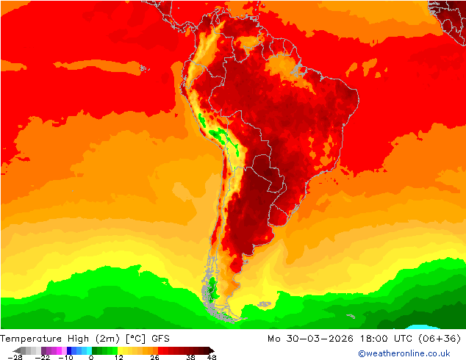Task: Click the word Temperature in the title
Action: pyautogui.click(x=34, y=339)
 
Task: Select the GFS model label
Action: pyautogui.click(x=161, y=339)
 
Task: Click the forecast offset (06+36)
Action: pyautogui.click(x=440, y=339)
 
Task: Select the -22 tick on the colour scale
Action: pyautogui.click(x=42, y=358)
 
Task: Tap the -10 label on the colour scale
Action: pyautogui.click(x=65, y=358)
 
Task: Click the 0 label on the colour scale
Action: pyautogui.click(x=91, y=358)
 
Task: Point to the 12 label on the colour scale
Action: pyautogui.click(x=118, y=358)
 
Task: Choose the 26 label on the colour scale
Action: pyautogui.click(x=155, y=358)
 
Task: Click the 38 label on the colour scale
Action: pyautogui.click(x=190, y=358)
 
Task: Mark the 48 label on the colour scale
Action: pyautogui.click(x=212, y=358)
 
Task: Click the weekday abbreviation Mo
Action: pyautogui.click(x=275, y=339)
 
